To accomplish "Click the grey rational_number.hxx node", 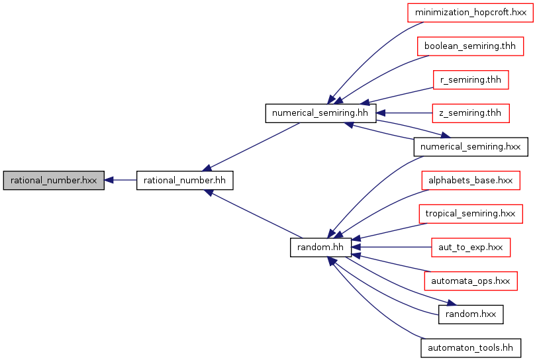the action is coord(54,181).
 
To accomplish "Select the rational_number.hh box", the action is coord(185,181).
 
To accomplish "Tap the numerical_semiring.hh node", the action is coord(320,113).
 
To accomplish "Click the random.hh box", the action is coord(320,247).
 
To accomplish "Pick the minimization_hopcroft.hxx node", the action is coord(471,13).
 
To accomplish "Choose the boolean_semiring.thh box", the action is coord(471,46).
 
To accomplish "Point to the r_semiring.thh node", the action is coord(471,79).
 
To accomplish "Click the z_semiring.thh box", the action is coord(471,113).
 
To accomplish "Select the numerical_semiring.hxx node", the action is coord(471,147).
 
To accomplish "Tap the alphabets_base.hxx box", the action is coord(471,181).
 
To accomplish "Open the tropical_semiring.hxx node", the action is coord(471,214).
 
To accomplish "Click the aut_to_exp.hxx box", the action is coord(471,247).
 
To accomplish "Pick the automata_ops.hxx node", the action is coord(471,281).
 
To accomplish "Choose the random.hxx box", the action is coord(471,314).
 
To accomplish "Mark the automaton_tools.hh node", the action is coord(471,348).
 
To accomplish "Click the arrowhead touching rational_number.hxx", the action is coord(109,180).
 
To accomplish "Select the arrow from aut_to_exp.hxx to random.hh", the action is coord(391,247).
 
